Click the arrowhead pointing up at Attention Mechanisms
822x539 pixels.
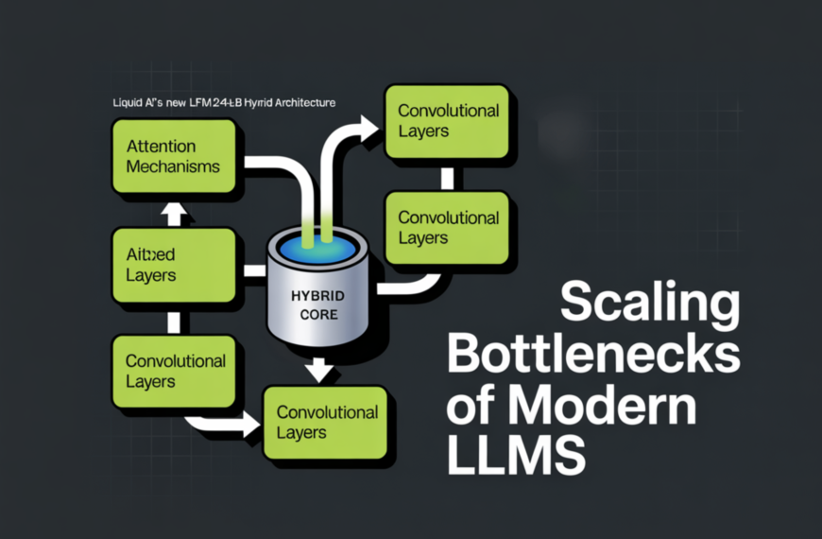[174, 214]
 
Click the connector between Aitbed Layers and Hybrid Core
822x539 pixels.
[253, 271]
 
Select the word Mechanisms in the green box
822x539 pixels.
[173, 166]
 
